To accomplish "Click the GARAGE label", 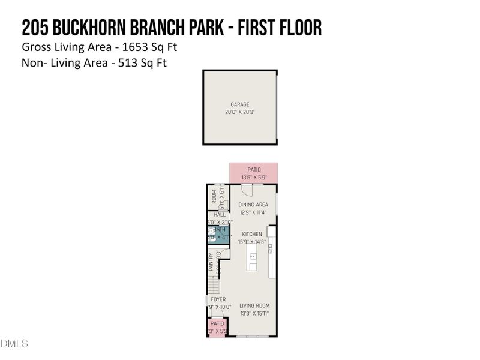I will [x=240, y=104].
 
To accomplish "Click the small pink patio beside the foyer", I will [x=216, y=327].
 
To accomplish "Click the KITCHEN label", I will [x=252, y=234].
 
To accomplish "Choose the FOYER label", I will [x=218, y=299].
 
